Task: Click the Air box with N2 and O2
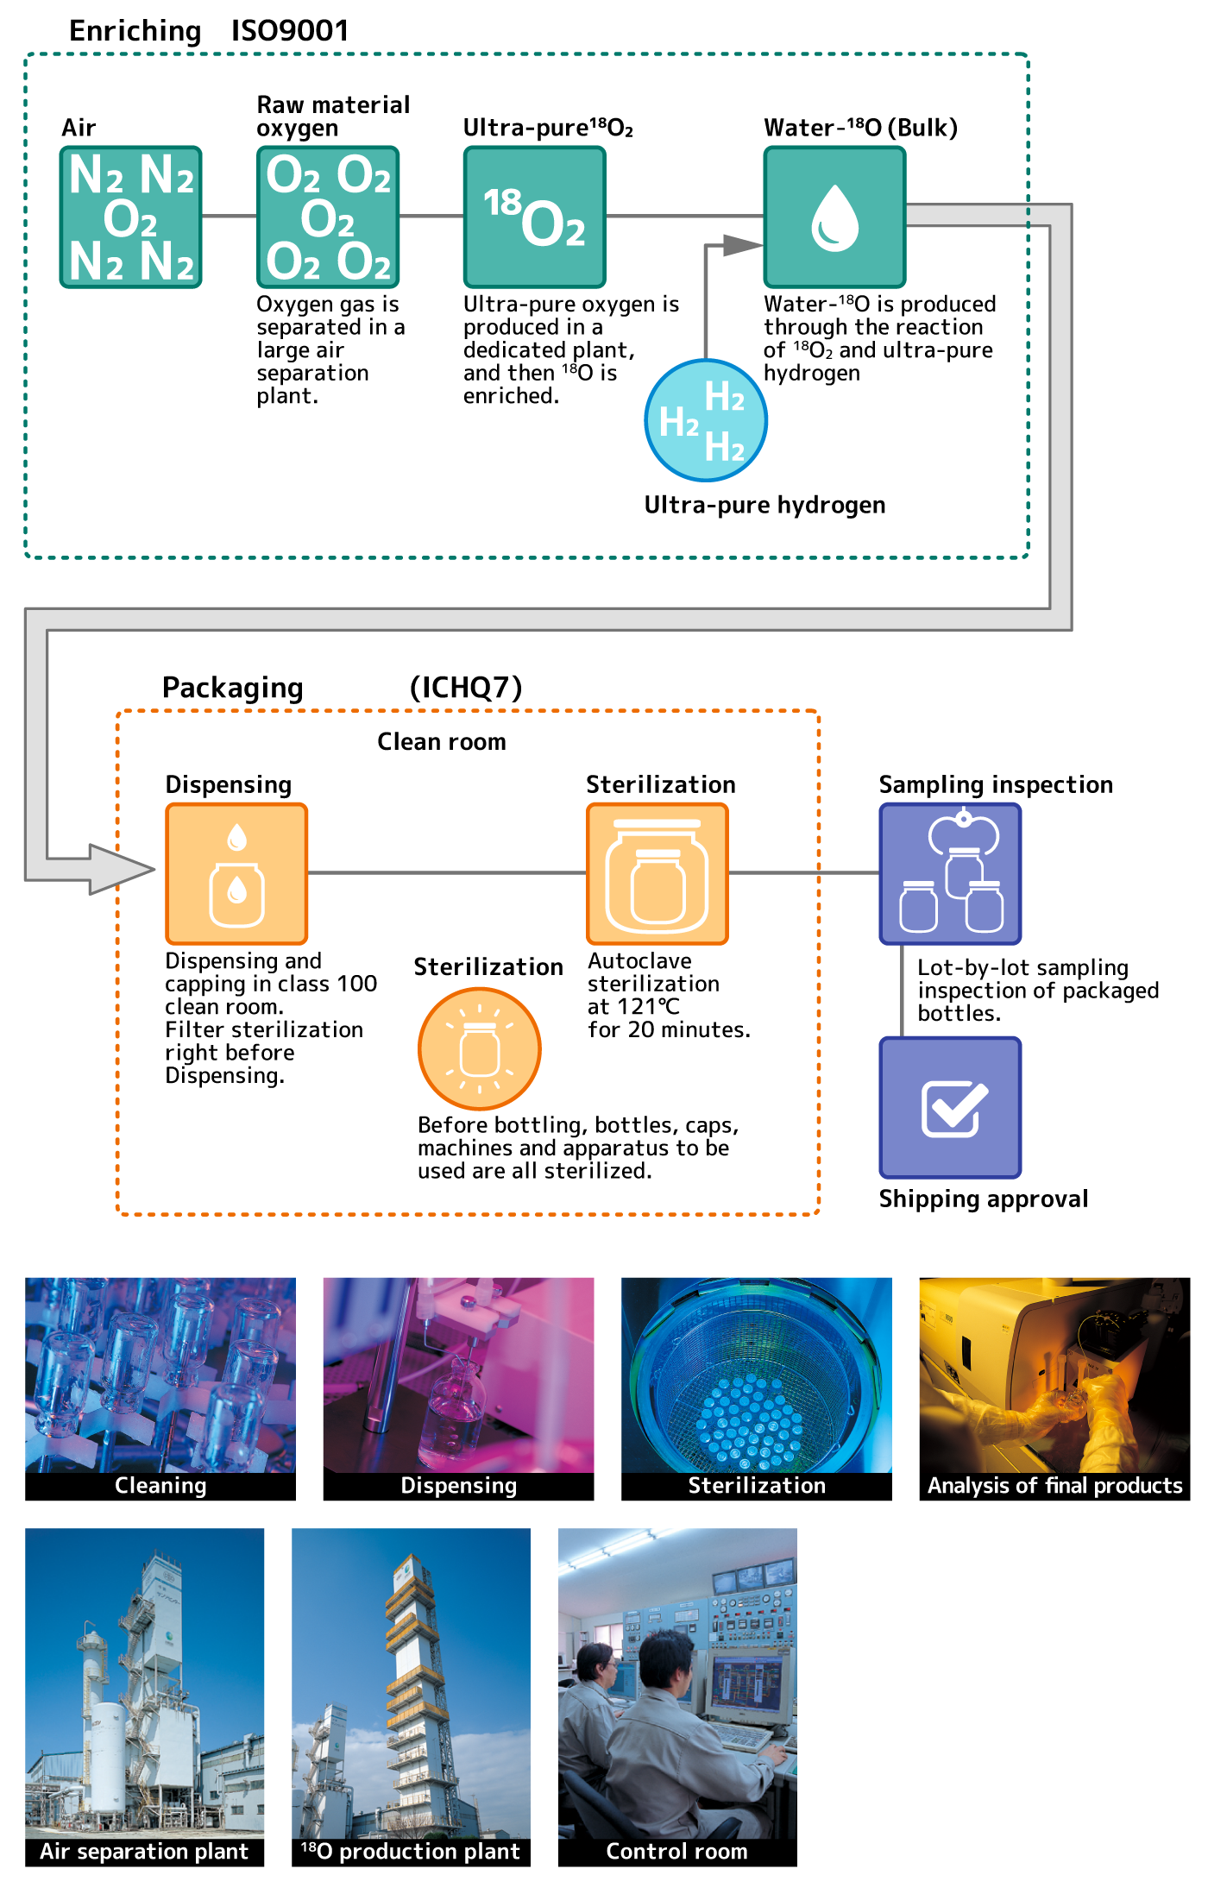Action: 130,217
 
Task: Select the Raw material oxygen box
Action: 328,217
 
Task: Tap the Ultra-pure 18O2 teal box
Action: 534,217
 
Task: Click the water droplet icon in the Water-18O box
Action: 834,218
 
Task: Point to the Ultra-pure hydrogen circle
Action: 706,420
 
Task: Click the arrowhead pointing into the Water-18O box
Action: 741,246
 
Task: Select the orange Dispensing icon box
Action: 236,873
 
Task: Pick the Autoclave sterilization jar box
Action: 657,873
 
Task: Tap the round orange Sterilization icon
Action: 480,1048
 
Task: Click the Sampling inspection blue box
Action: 950,873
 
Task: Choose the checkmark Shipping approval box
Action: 950,1107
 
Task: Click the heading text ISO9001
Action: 290,31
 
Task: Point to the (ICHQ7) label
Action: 466,687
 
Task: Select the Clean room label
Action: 442,741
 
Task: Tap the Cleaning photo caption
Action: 160,1485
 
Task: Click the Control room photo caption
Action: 677,1851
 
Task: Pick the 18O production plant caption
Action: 411,1851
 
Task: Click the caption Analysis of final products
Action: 1054,1485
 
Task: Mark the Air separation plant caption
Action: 144,1851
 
